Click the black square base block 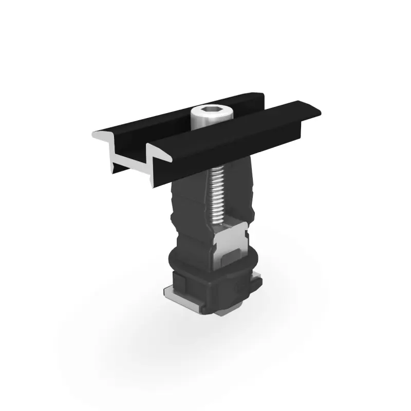click(x=216, y=293)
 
